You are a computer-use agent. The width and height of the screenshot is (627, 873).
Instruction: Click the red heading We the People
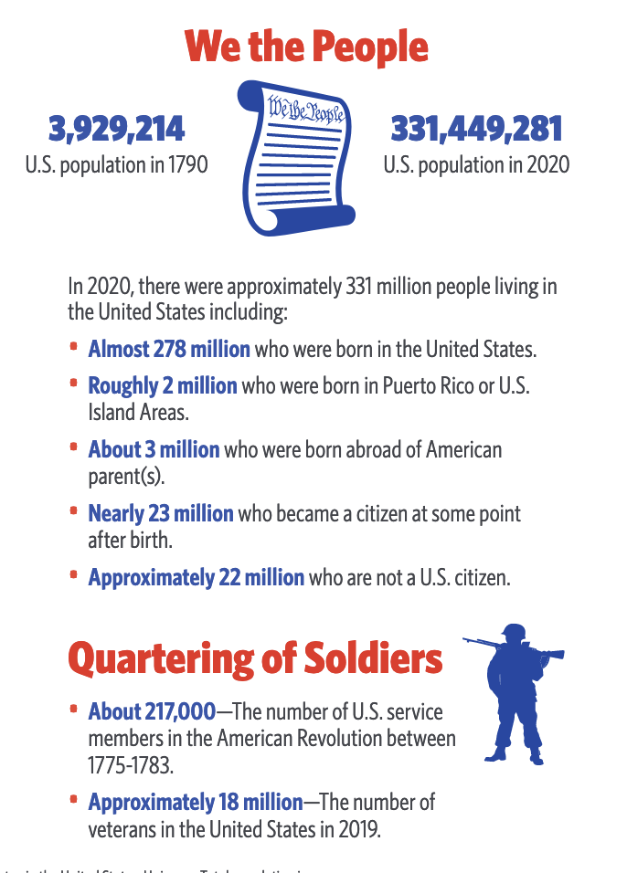pyautogui.click(x=307, y=47)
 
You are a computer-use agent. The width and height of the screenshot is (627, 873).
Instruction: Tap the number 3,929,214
pyautogui.click(x=117, y=130)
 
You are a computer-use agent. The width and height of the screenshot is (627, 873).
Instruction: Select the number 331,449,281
pyautogui.click(x=476, y=130)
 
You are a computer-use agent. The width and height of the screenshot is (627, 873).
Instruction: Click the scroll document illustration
pyautogui.click(x=296, y=157)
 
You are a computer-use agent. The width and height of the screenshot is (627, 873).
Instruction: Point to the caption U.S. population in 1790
pyautogui.click(x=117, y=165)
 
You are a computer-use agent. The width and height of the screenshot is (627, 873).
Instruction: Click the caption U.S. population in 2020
pyautogui.click(x=476, y=165)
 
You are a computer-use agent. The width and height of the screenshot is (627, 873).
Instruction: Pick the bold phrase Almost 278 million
pyautogui.click(x=169, y=349)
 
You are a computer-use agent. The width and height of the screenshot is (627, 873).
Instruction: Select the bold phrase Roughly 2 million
pyautogui.click(x=163, y=386)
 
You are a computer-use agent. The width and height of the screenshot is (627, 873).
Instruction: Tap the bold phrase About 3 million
pyautogui.click(x=154, y=449)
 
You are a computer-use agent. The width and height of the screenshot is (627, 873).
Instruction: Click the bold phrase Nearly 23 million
pyautogui.click(x=161, y=513)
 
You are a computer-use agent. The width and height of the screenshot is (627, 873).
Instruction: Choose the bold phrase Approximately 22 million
pyautogui.click(x=196, y=577)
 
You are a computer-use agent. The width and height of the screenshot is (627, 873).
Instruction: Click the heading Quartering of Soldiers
pyautogui.click(x=255, y=657)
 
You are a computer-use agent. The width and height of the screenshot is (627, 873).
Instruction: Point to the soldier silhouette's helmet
pyautogui.click(x=514, y=634)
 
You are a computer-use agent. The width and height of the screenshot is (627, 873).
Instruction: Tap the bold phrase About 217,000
pyautogui.click(x=152, y=711)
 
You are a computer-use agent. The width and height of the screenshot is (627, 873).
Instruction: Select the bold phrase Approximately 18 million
pyautogui.click(x=195, y=803)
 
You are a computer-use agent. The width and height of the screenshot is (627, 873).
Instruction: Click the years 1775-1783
pyautogui.click(x=127, y=763)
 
